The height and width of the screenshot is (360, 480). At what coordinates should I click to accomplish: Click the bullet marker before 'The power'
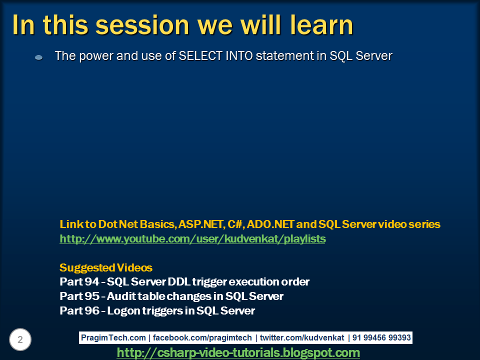pos(38,58)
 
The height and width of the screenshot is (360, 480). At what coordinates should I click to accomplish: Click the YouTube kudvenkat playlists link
pos(192,239)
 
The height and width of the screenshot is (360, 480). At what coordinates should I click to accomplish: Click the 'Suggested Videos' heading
pos(106,267)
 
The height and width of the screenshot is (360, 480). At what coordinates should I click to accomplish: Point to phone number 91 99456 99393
pos(381,338)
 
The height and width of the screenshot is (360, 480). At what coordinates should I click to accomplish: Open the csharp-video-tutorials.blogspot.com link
pos(238,353)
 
